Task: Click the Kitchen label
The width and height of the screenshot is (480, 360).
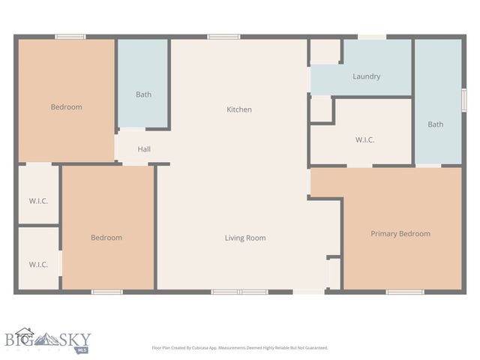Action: (239, 109)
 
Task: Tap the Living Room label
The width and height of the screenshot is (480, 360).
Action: (245, 238)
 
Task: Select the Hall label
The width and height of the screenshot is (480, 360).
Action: (144, 149)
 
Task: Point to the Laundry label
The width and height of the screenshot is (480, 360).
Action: (366, 76)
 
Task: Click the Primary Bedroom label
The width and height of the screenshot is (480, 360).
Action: (400, 234)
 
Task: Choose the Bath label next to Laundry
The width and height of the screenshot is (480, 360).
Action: (435, 124)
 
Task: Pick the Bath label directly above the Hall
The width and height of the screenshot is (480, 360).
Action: (143, 94)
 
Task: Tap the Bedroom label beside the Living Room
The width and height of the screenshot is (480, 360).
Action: (106, 238)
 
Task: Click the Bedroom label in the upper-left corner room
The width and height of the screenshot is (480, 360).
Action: (66, 107)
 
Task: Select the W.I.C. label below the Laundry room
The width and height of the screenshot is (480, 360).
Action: (364, 140)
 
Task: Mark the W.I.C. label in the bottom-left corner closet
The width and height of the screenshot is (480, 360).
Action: (38, 264)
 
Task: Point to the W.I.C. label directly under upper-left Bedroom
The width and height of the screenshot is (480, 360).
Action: (38, 200)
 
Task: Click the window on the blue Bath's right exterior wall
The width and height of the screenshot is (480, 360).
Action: (463, 100)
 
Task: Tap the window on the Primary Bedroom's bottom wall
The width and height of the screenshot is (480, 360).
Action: (405, 292)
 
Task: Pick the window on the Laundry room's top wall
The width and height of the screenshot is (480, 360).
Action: (372, 36)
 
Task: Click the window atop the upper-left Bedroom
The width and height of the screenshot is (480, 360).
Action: (70, 36)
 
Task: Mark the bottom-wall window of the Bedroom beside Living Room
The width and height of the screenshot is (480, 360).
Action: (106, 292)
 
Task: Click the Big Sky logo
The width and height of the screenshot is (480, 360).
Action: (46, 341)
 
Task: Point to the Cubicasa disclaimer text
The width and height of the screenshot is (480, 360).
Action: (240, 348)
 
